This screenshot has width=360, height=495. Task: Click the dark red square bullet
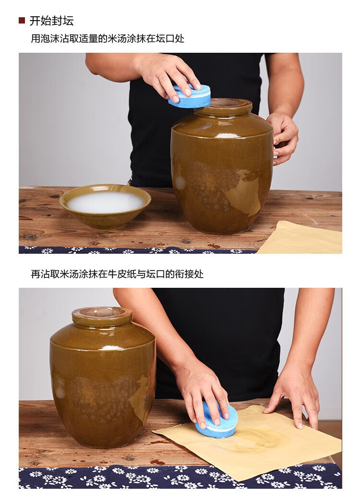point(22,21)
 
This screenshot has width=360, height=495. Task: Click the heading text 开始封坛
point(51,21)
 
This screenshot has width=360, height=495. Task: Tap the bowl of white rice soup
point(105,206)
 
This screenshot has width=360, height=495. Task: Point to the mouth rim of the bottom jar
point(102,313)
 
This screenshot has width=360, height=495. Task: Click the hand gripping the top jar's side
point(284,137)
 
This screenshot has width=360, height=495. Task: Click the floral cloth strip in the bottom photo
point(180,476)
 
